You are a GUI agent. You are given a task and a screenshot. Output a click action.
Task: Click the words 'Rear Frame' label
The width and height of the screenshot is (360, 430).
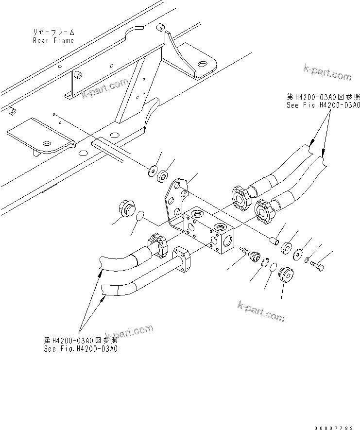[53, 40]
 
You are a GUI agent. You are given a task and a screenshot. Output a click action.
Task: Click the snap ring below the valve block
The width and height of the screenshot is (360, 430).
[265, 263]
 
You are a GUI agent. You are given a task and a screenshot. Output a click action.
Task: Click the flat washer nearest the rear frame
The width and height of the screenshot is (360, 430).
[153, 170]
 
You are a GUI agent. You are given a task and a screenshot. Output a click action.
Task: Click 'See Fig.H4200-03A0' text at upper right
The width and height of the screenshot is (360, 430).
[324, 105]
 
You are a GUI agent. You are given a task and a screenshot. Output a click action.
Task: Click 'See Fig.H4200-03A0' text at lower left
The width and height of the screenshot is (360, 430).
[81, 348]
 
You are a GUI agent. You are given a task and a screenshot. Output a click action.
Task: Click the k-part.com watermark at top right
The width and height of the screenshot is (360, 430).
[327, 73]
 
